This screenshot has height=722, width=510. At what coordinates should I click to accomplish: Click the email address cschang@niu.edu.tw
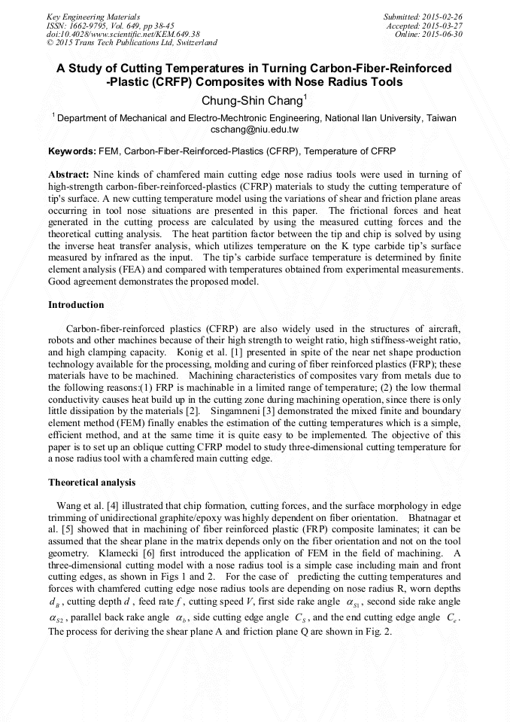click(254, 129)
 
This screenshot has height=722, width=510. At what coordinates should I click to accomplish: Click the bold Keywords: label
click(72, 151)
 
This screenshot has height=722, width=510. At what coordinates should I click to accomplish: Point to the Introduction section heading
click(76, 305)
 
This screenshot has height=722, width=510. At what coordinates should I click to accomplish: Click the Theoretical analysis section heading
click(92, 482)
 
